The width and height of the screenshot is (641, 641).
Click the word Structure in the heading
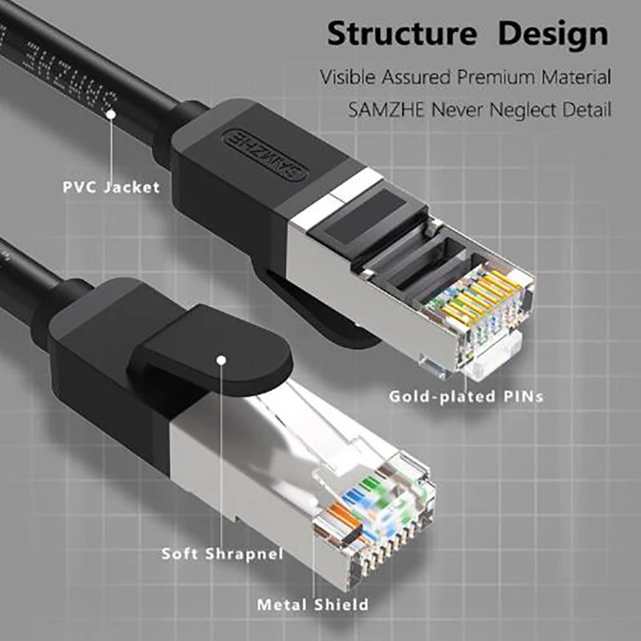pyautogui.click(x=401, y=36)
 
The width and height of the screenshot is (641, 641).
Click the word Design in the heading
pyautogui.click(x=552, y=36)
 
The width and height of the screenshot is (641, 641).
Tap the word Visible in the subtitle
pyautogui.click(x=349, y=78)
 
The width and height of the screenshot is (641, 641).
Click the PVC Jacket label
pyautogui.click(x=111, y=187)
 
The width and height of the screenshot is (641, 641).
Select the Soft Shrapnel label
pyautogui.click(x=222, y=554)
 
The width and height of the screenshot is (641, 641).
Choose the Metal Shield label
pyautogui.click(x=312, y=604)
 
